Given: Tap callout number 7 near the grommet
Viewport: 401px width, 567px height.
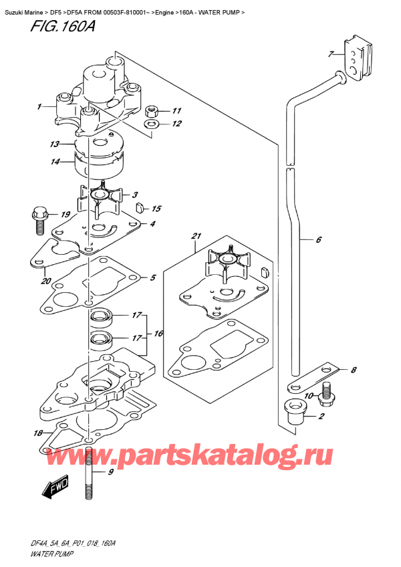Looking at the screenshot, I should [x=331, y=53].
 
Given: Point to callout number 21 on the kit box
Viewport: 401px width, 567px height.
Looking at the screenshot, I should [x=196, y=236].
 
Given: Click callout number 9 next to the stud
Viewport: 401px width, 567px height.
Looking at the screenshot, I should [x=112, y=473].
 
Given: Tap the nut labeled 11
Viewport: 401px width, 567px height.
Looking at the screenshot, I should [x=152, y=110].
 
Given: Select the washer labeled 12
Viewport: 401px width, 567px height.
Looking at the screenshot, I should [x=152, y=124].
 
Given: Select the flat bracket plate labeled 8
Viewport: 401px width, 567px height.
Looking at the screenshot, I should [x=315, y=376].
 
